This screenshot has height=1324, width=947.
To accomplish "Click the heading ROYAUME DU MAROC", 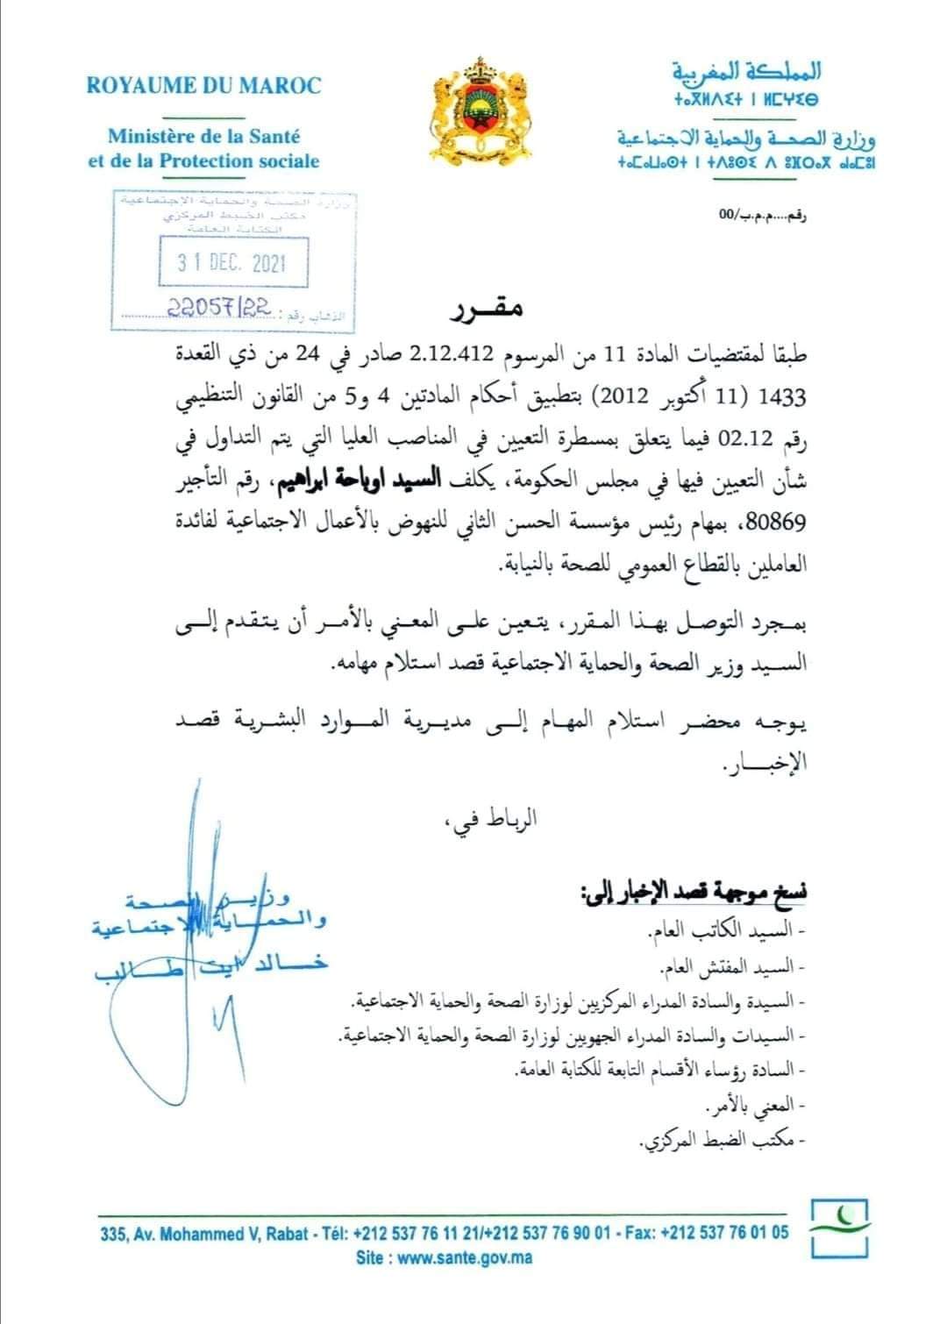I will [x=203, y=86].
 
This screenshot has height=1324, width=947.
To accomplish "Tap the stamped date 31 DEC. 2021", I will [x=232, y=262].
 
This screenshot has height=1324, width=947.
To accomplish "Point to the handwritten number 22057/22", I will [x=224, y=308].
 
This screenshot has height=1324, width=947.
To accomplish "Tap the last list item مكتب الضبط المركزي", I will [x=723, y=1142].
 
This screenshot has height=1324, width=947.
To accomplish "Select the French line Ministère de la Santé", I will [x=203, y=137].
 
